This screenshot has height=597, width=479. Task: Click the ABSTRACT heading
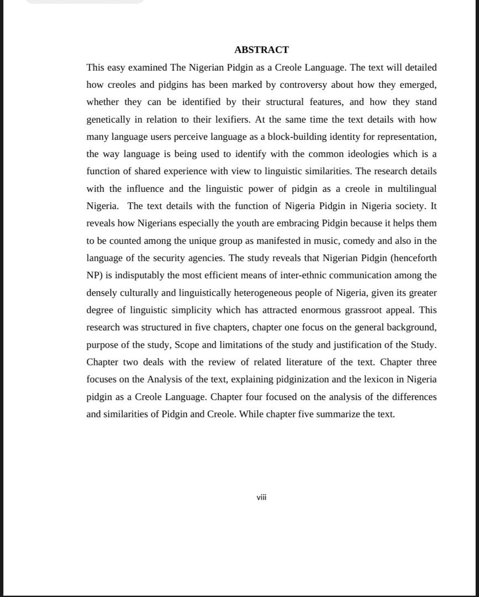pos(261,50)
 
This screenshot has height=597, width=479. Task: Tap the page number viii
pos(261,498)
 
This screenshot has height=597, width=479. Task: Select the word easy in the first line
pos(116,67)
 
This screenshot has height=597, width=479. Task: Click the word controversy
pos(303,85)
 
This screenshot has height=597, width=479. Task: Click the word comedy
pos(359,241)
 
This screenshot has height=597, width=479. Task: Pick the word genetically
pos(108,119)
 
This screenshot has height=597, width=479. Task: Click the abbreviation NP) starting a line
pos(94,275)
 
